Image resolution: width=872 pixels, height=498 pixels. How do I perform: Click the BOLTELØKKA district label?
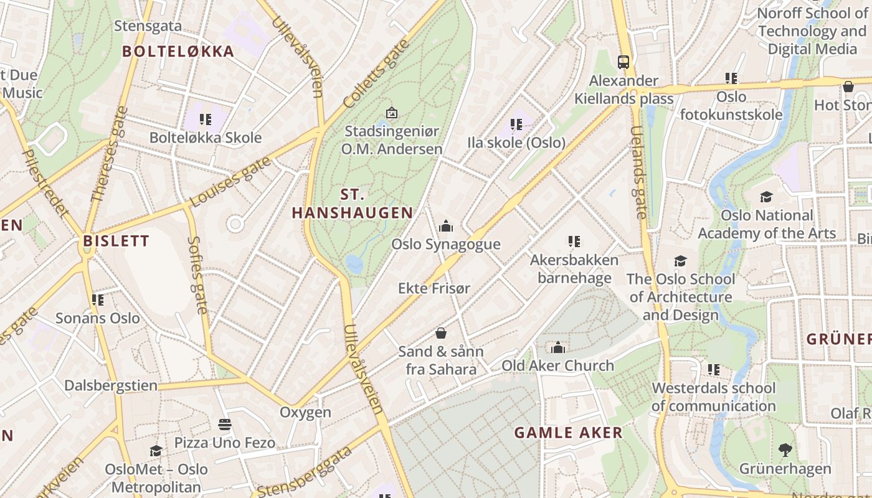click(178, 52)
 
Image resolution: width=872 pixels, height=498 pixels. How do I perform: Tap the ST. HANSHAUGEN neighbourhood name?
click(353, 204)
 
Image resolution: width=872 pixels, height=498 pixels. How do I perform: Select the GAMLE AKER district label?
click(568, 433)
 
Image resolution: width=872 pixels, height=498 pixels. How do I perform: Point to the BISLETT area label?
click(116, 241)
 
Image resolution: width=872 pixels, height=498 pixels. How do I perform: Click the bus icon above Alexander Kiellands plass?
click(623, 62)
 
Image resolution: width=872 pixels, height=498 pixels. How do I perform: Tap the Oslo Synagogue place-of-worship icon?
click(446, 226)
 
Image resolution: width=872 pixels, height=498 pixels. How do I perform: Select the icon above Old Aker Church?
click(558, 347)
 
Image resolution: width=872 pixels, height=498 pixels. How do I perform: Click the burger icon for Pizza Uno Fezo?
click(225, 425)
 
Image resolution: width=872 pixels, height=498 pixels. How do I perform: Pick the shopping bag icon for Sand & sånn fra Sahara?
click(441, 333)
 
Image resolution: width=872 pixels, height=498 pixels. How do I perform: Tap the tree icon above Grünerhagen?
click(785, 449)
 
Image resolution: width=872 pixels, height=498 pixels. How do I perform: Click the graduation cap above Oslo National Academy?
click(766, 197)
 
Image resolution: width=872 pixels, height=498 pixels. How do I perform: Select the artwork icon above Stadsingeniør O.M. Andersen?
click(391, 113)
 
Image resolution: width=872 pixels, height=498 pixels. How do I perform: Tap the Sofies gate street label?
click(197, 275)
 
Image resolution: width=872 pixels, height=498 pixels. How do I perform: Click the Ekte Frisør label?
click(434, 288)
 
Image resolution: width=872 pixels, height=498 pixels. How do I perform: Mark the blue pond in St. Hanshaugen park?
click(354, 265)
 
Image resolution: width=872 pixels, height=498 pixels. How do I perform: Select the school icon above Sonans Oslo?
click(98, 300)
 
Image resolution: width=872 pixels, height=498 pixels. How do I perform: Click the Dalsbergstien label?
click(111, 385)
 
